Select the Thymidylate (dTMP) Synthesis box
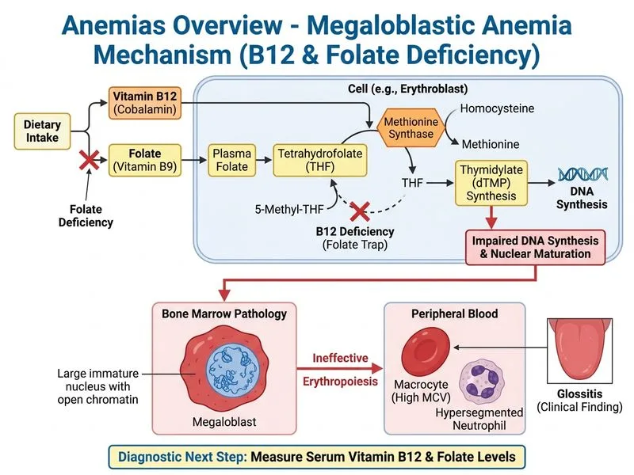(491, 181)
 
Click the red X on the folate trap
(361, 211)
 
